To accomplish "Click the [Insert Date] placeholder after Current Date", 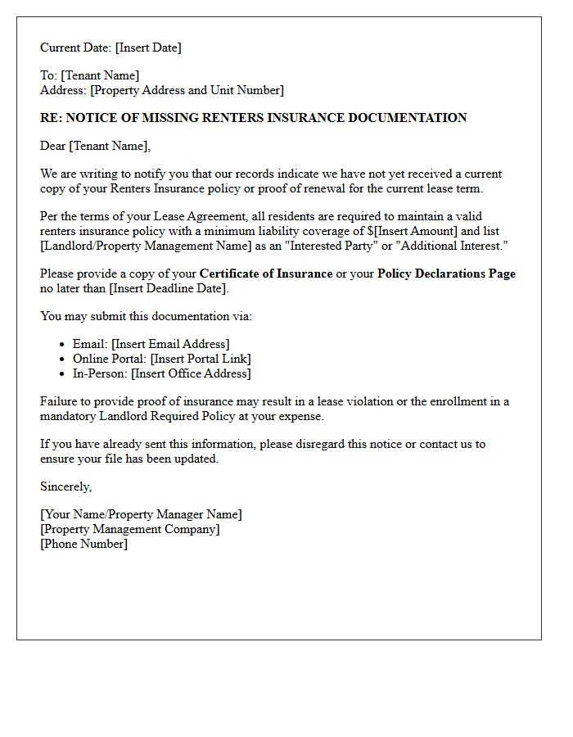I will (x=148, y=47).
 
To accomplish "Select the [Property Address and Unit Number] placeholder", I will (x=187, y=90).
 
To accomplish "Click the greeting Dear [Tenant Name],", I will (x=96, y=146).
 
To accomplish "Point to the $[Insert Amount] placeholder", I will (x=415, y=231).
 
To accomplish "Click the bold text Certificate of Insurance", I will (x=266, y=274).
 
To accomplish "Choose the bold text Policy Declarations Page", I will (x=446, y=274).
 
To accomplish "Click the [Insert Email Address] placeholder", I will (x=170, y=344).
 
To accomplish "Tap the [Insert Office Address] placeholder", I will (x=191, y=373).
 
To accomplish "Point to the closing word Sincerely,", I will (x=66, y=486).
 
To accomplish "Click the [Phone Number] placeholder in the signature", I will (x=84, y=544).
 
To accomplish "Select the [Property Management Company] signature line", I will (x=130, y=529).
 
